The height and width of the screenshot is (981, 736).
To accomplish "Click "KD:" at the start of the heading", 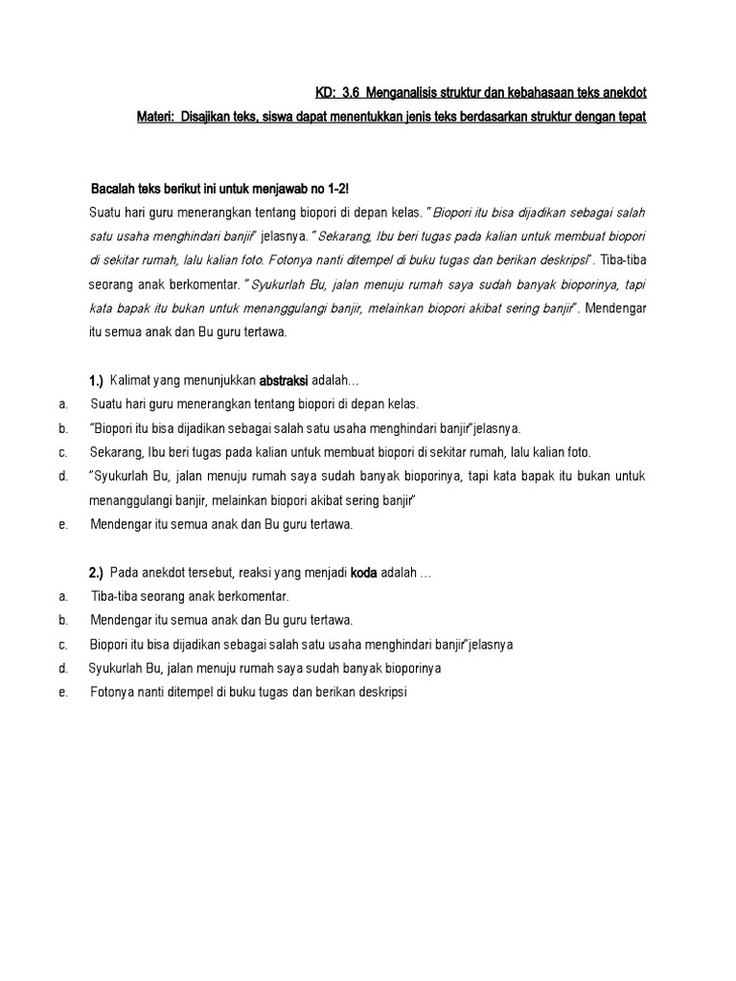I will tap(328, 93).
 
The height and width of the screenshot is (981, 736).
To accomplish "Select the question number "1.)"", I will tap(98, 380).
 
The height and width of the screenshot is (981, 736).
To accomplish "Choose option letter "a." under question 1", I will tap(62, 404).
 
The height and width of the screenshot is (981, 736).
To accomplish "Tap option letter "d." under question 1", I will tap(62, 476).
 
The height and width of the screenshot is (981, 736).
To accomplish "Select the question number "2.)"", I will tap(98, 573).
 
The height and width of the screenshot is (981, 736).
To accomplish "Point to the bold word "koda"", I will tap(364, 573).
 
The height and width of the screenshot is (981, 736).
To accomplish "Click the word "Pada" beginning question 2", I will tap(124, 573).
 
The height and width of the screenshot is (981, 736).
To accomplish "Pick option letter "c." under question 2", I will tap(62, 645).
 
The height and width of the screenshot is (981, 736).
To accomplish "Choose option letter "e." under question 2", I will tap(62, 693).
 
